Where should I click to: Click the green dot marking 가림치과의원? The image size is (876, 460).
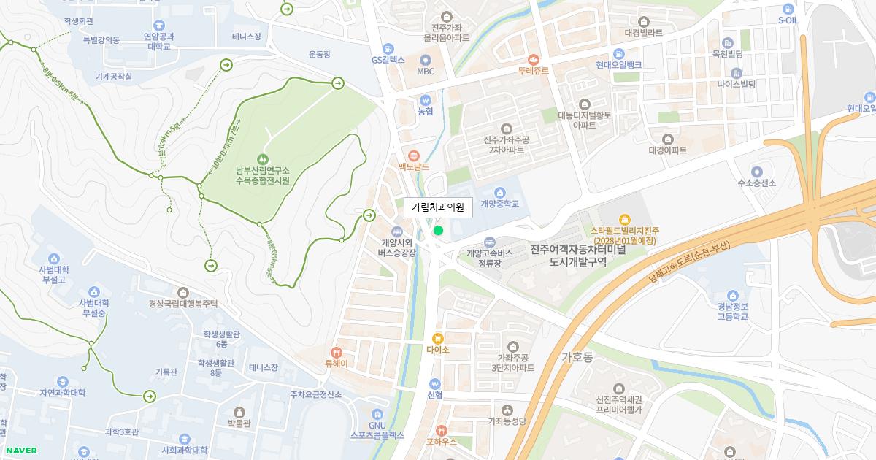[x=438, y=231]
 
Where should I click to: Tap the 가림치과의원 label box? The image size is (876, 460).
[x=438, y=207]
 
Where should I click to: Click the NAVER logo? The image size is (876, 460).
[x=20, y=451]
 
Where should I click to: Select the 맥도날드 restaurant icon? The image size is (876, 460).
[x=413, y=155]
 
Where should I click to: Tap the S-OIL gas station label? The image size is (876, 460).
[x=788, y=20]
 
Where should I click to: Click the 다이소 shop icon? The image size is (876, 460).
[x=438, y=338]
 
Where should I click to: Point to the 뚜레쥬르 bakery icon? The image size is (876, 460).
[x=533, y=59]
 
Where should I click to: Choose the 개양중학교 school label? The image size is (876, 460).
[x=500, y=204]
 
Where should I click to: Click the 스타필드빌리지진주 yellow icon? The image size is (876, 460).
[x=624, y=219]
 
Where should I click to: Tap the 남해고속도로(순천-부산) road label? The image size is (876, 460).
[x=689, y=263]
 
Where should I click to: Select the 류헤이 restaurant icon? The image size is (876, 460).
[x=337, y=352]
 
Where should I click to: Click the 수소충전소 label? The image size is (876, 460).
[x=756, y=183]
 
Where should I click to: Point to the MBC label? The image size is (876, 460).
[x=426, y=72]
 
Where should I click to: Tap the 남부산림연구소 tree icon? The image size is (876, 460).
[x=263, y=159]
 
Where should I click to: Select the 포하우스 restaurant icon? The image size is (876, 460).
[x=441, y=430]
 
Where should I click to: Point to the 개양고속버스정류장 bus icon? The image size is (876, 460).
[x=490, y=242]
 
